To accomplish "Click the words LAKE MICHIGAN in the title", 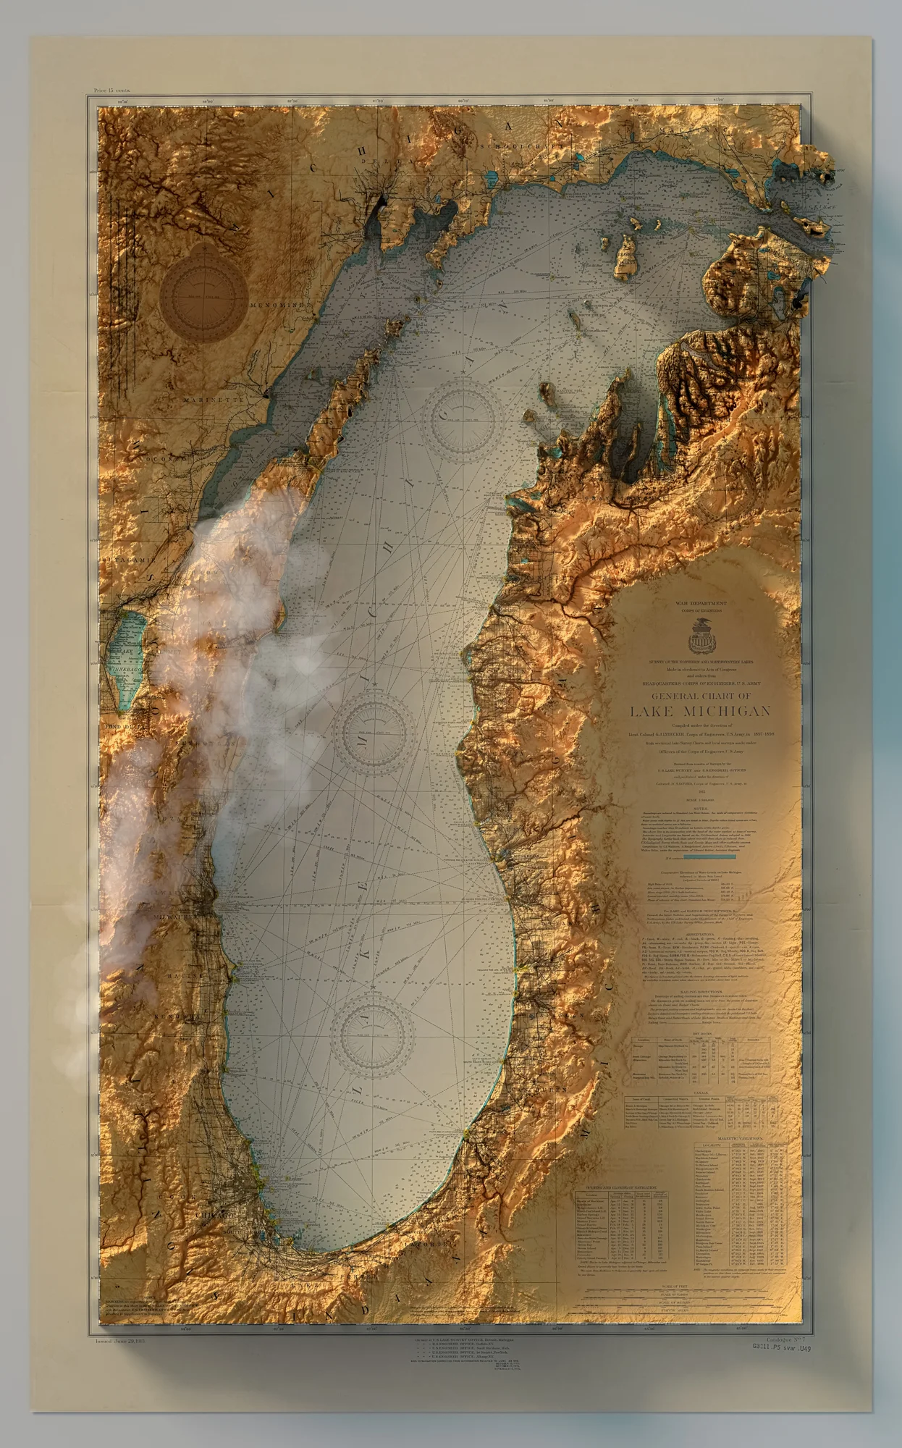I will point(699,711).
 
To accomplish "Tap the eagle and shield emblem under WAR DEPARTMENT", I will point(699,637).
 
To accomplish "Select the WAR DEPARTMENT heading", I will point(701,602).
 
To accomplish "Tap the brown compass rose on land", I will point(203,292).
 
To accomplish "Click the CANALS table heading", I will point(701,1093).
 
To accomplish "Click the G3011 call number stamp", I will point(782,1348).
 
